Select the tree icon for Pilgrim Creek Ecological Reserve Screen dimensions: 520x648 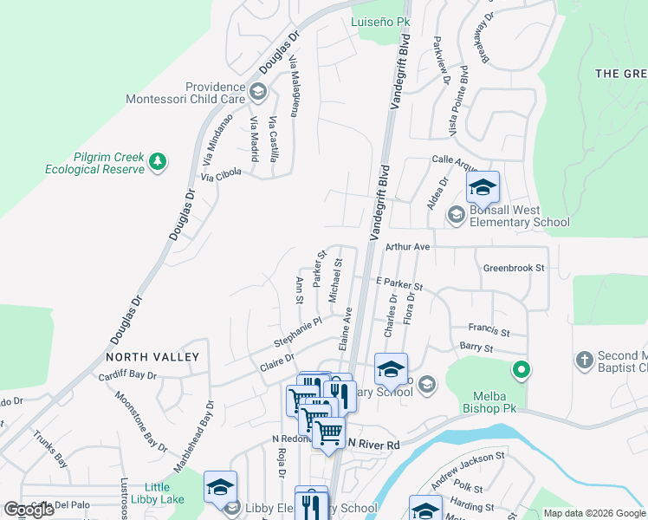pyautogui.click(x=157, y=161)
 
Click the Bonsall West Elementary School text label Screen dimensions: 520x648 pyautogui.click(x=519, y=217)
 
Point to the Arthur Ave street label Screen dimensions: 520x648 pyautogui.click(x=408, y=247)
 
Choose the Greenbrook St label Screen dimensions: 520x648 pyautogui.click(x=514, y=269)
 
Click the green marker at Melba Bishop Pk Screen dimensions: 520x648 pyautogui.click(x=521, y=370)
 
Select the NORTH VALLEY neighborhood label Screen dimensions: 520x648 pyautogui.click(x=152, y=357)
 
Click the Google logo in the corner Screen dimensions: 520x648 pyautogui.click(x=29, y=510)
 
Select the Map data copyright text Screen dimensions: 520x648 pyautogui.click(x=593, y=513)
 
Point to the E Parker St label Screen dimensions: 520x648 pyautogui.click(x=399, y=283)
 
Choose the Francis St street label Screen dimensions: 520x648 pyautogui.click(x=489, y=330)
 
